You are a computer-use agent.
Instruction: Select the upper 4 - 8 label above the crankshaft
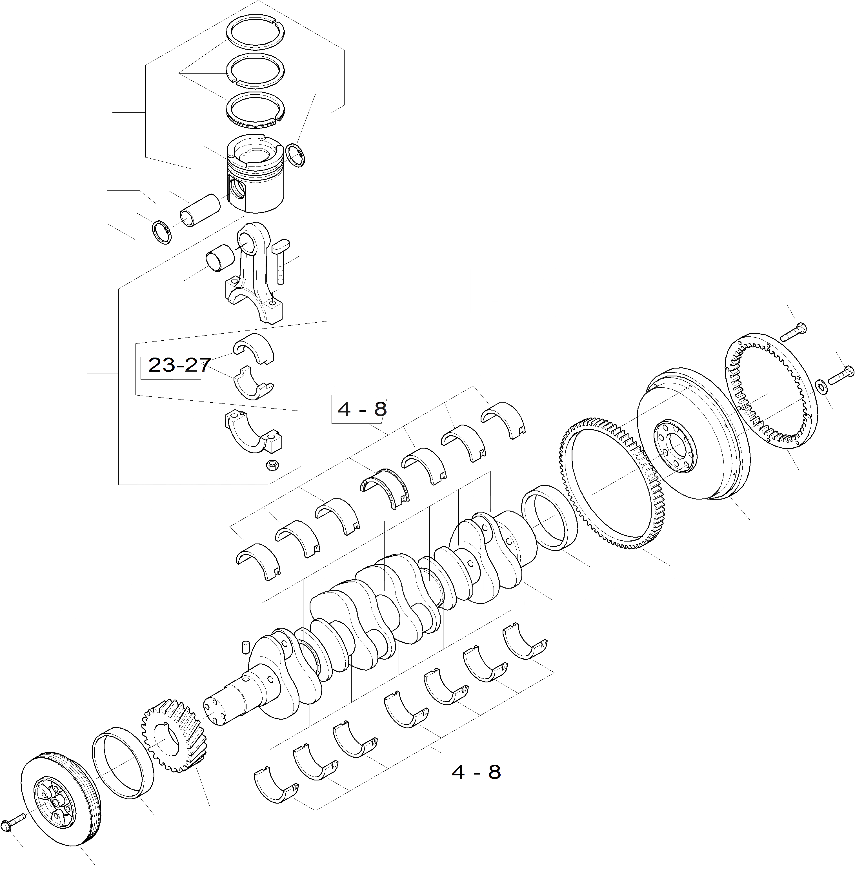coord(362,409)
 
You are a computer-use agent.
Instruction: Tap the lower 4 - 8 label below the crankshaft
coord(476,772)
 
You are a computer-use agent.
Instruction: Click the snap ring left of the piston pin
coord(162,232)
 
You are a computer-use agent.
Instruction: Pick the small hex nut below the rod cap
coord(272,465)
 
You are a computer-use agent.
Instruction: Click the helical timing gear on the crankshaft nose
coord(174,738)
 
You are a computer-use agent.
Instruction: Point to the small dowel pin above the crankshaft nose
coord(245,646)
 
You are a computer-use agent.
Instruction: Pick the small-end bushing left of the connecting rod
coord(220,260)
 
